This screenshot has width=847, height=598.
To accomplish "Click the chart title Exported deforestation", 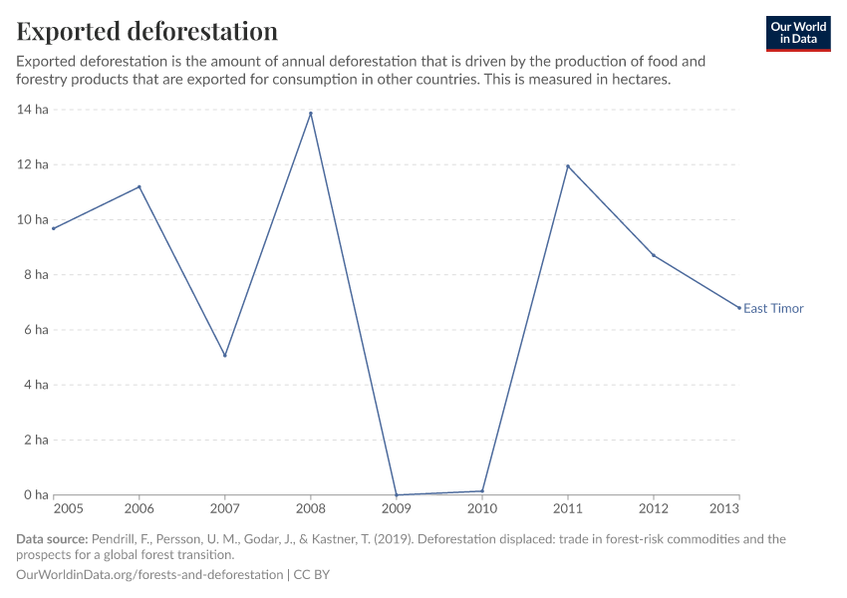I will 146,31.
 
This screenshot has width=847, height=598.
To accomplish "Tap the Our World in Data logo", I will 798,33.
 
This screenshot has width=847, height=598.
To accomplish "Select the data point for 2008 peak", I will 311,114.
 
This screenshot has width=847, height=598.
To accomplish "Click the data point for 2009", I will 397,494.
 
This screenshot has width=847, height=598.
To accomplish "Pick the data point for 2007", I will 225,355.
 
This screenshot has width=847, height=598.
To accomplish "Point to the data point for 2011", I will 568,166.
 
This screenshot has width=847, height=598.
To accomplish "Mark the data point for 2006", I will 140,186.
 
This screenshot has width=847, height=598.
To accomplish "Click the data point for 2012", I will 654,255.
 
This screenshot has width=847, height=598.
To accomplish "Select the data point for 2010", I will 482,490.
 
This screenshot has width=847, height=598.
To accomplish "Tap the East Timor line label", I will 773,308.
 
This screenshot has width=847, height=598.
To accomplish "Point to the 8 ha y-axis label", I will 35,275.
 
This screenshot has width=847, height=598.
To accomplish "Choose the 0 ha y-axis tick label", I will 35,495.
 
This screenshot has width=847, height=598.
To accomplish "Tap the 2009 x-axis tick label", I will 397,509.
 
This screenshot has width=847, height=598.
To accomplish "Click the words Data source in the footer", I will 52,539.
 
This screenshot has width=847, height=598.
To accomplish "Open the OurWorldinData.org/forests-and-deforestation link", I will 149,575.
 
